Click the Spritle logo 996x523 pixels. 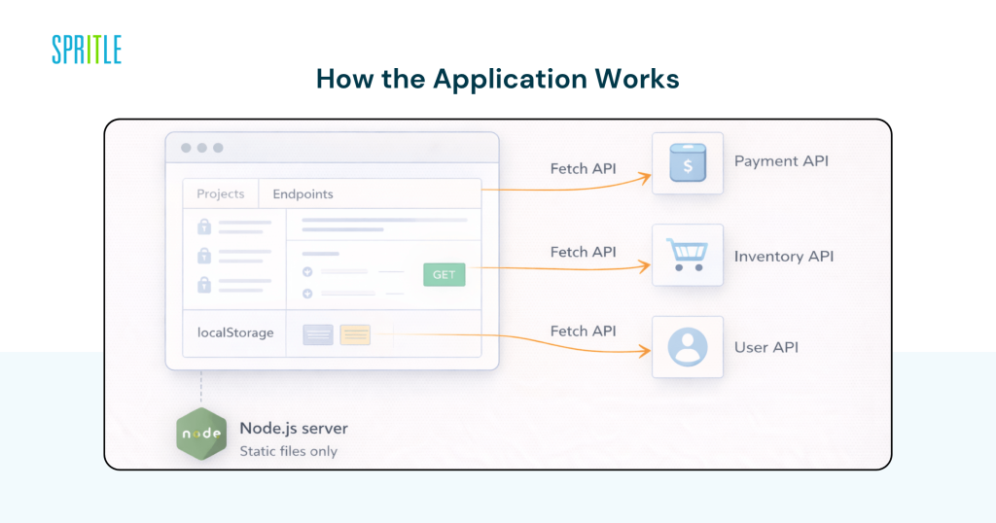click(x=87, y=50)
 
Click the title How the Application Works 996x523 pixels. click(x=497, y=80)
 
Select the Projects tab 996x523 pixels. click(x=221, y=194)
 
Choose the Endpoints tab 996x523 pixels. click(x=302, y=194)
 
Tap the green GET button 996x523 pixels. click(x=444, y=275)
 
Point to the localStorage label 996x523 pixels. click(x=235, y=332)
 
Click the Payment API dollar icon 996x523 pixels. click(x=687, y=163)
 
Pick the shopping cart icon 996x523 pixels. click(x=687, y=255)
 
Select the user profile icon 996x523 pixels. click(x=687, y=347)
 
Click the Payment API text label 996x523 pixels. click(x=781, y=161)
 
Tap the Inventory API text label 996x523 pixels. click(x=783, y=257)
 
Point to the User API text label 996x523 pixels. click(x=765, y=347)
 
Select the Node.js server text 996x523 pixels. click(x=293, y=428)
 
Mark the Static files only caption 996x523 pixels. click(x=288, y=451)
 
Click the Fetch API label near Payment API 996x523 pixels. click(x=583, y=168)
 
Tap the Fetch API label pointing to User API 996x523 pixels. click(x=583, y=331)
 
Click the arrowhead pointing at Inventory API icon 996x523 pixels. click(x=643, y=266)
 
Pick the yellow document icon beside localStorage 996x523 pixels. click(x=355, y=334)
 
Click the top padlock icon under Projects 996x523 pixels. click(x=204, y=227)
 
